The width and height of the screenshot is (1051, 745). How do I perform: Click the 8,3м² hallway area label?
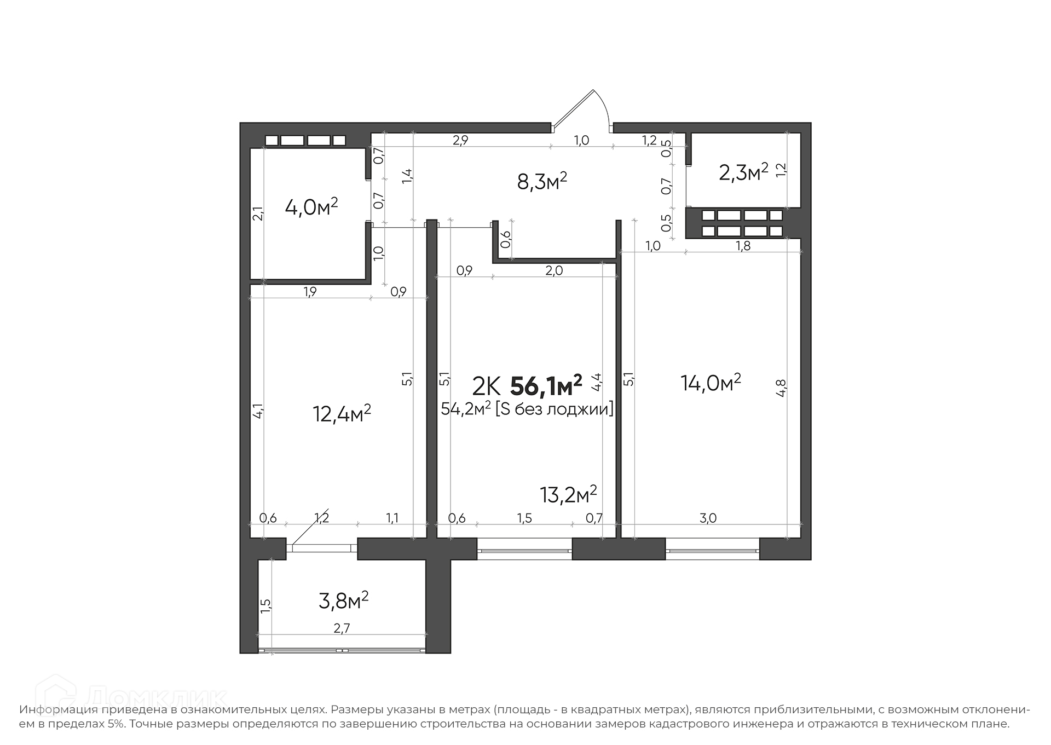coord(541,181)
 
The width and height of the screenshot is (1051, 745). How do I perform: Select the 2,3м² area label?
coord(743,172)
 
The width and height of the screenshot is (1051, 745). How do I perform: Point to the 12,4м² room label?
coord(342,413)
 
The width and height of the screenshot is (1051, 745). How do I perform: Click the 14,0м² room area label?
coord(711,382)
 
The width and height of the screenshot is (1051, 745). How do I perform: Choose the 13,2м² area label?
coord(568,494)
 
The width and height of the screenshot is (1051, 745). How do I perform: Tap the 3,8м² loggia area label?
coord(343,600)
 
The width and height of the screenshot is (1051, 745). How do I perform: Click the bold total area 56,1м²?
coord(546,386)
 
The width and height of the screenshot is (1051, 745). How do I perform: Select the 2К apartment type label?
coord(486,387)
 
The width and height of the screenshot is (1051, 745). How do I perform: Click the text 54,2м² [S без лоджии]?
coord(527,409)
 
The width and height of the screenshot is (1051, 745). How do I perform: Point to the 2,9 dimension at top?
coord(460,140)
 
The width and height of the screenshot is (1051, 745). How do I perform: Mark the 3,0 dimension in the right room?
coord(708,518)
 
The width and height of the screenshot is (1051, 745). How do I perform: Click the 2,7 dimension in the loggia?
coord(342,628)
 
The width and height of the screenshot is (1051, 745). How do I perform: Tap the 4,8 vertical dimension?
coord(781,388)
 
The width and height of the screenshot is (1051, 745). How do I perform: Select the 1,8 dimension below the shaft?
coord(743,246)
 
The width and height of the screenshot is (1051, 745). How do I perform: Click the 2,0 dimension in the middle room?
coord(554,270)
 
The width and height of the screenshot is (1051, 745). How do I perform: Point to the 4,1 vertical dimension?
coord(258,411)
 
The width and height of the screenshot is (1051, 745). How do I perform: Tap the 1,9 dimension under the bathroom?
coord(310,292)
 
